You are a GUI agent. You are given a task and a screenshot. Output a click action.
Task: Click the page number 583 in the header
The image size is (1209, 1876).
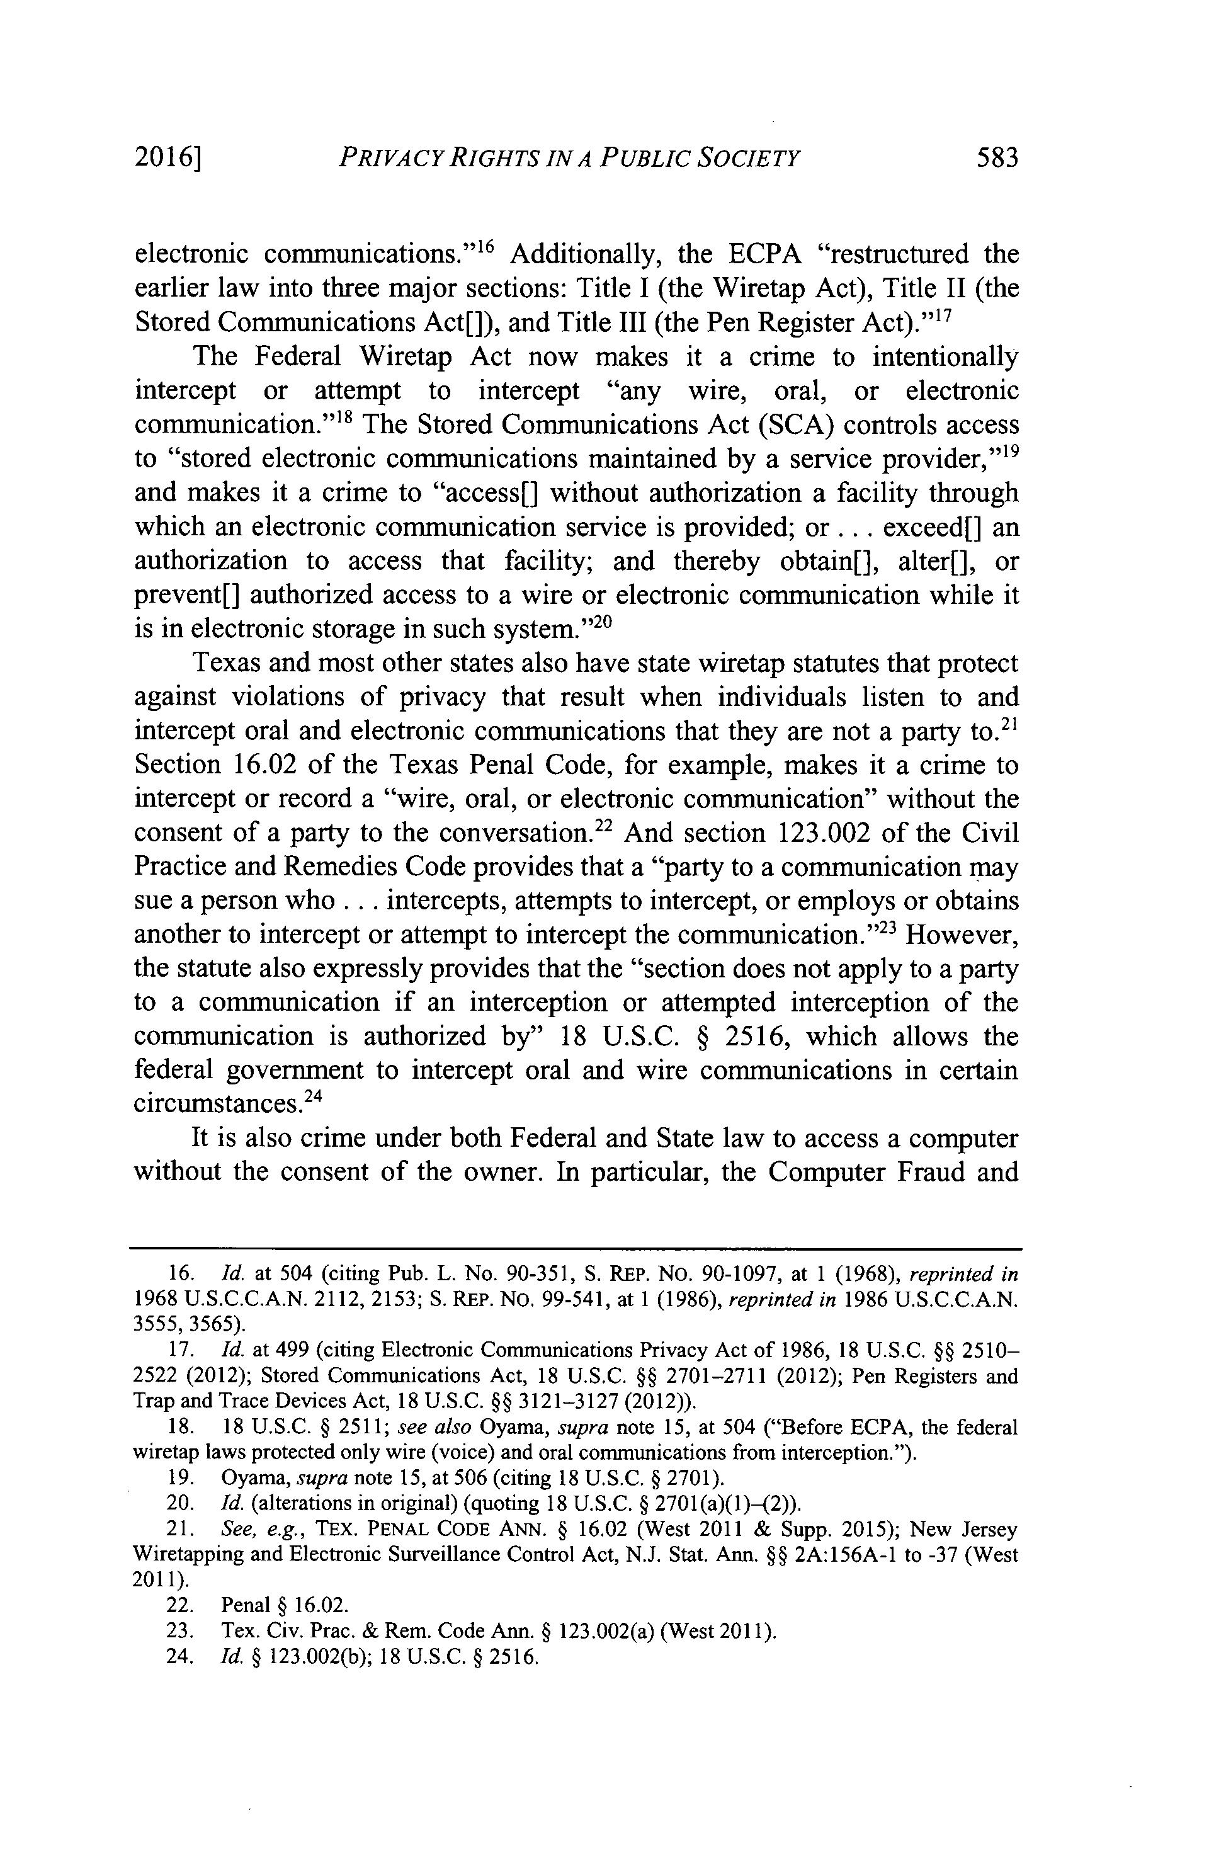tap(996, 158)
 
